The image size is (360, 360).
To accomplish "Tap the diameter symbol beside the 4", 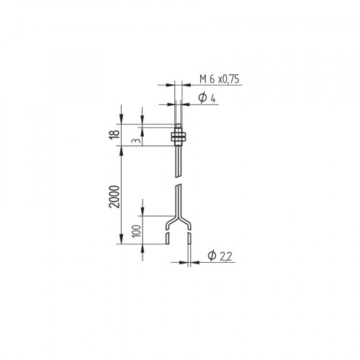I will pyautogui.click(x=204, y=98).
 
